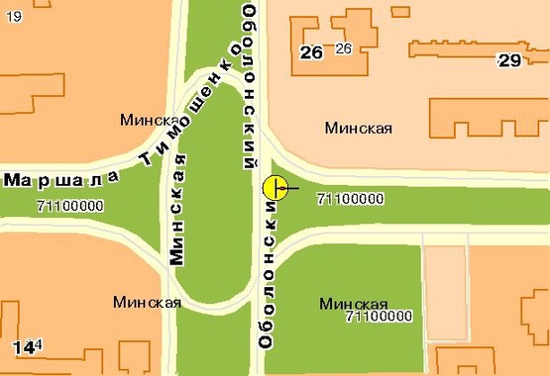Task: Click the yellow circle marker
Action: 275,187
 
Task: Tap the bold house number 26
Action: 311,52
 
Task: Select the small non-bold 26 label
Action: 344,48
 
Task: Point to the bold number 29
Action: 509,60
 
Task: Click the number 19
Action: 12,16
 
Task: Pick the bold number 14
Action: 23,346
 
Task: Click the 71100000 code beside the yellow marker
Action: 349,199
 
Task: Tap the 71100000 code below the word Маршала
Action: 69,207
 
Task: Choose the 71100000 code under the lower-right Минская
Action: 379,317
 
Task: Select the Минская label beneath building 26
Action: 359,128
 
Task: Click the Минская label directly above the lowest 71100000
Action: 354,303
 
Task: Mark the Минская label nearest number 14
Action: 146,302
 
